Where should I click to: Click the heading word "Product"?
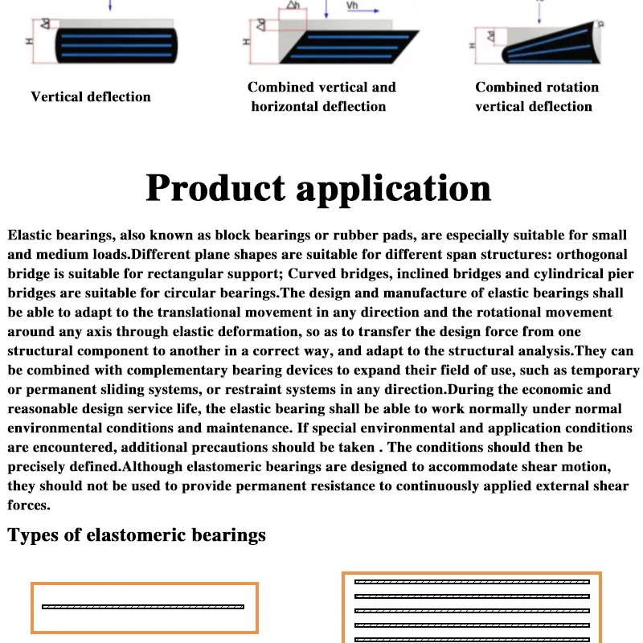click(x=216, y=188)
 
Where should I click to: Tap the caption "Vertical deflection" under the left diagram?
click(x=91, y=96)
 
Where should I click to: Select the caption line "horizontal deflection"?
click(x=318, y=106)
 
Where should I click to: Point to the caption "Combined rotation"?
click(x=537, y=87)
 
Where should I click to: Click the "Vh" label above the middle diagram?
click(x=353, y=6)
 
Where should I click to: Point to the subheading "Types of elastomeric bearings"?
click(x=137, y=534)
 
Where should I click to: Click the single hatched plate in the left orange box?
click(x=143, y=606)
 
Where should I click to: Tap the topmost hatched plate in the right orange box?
click(x=472, y=581)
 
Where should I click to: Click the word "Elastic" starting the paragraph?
click(x=32, y=235)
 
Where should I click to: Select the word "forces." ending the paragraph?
click(x=30, y=506)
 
